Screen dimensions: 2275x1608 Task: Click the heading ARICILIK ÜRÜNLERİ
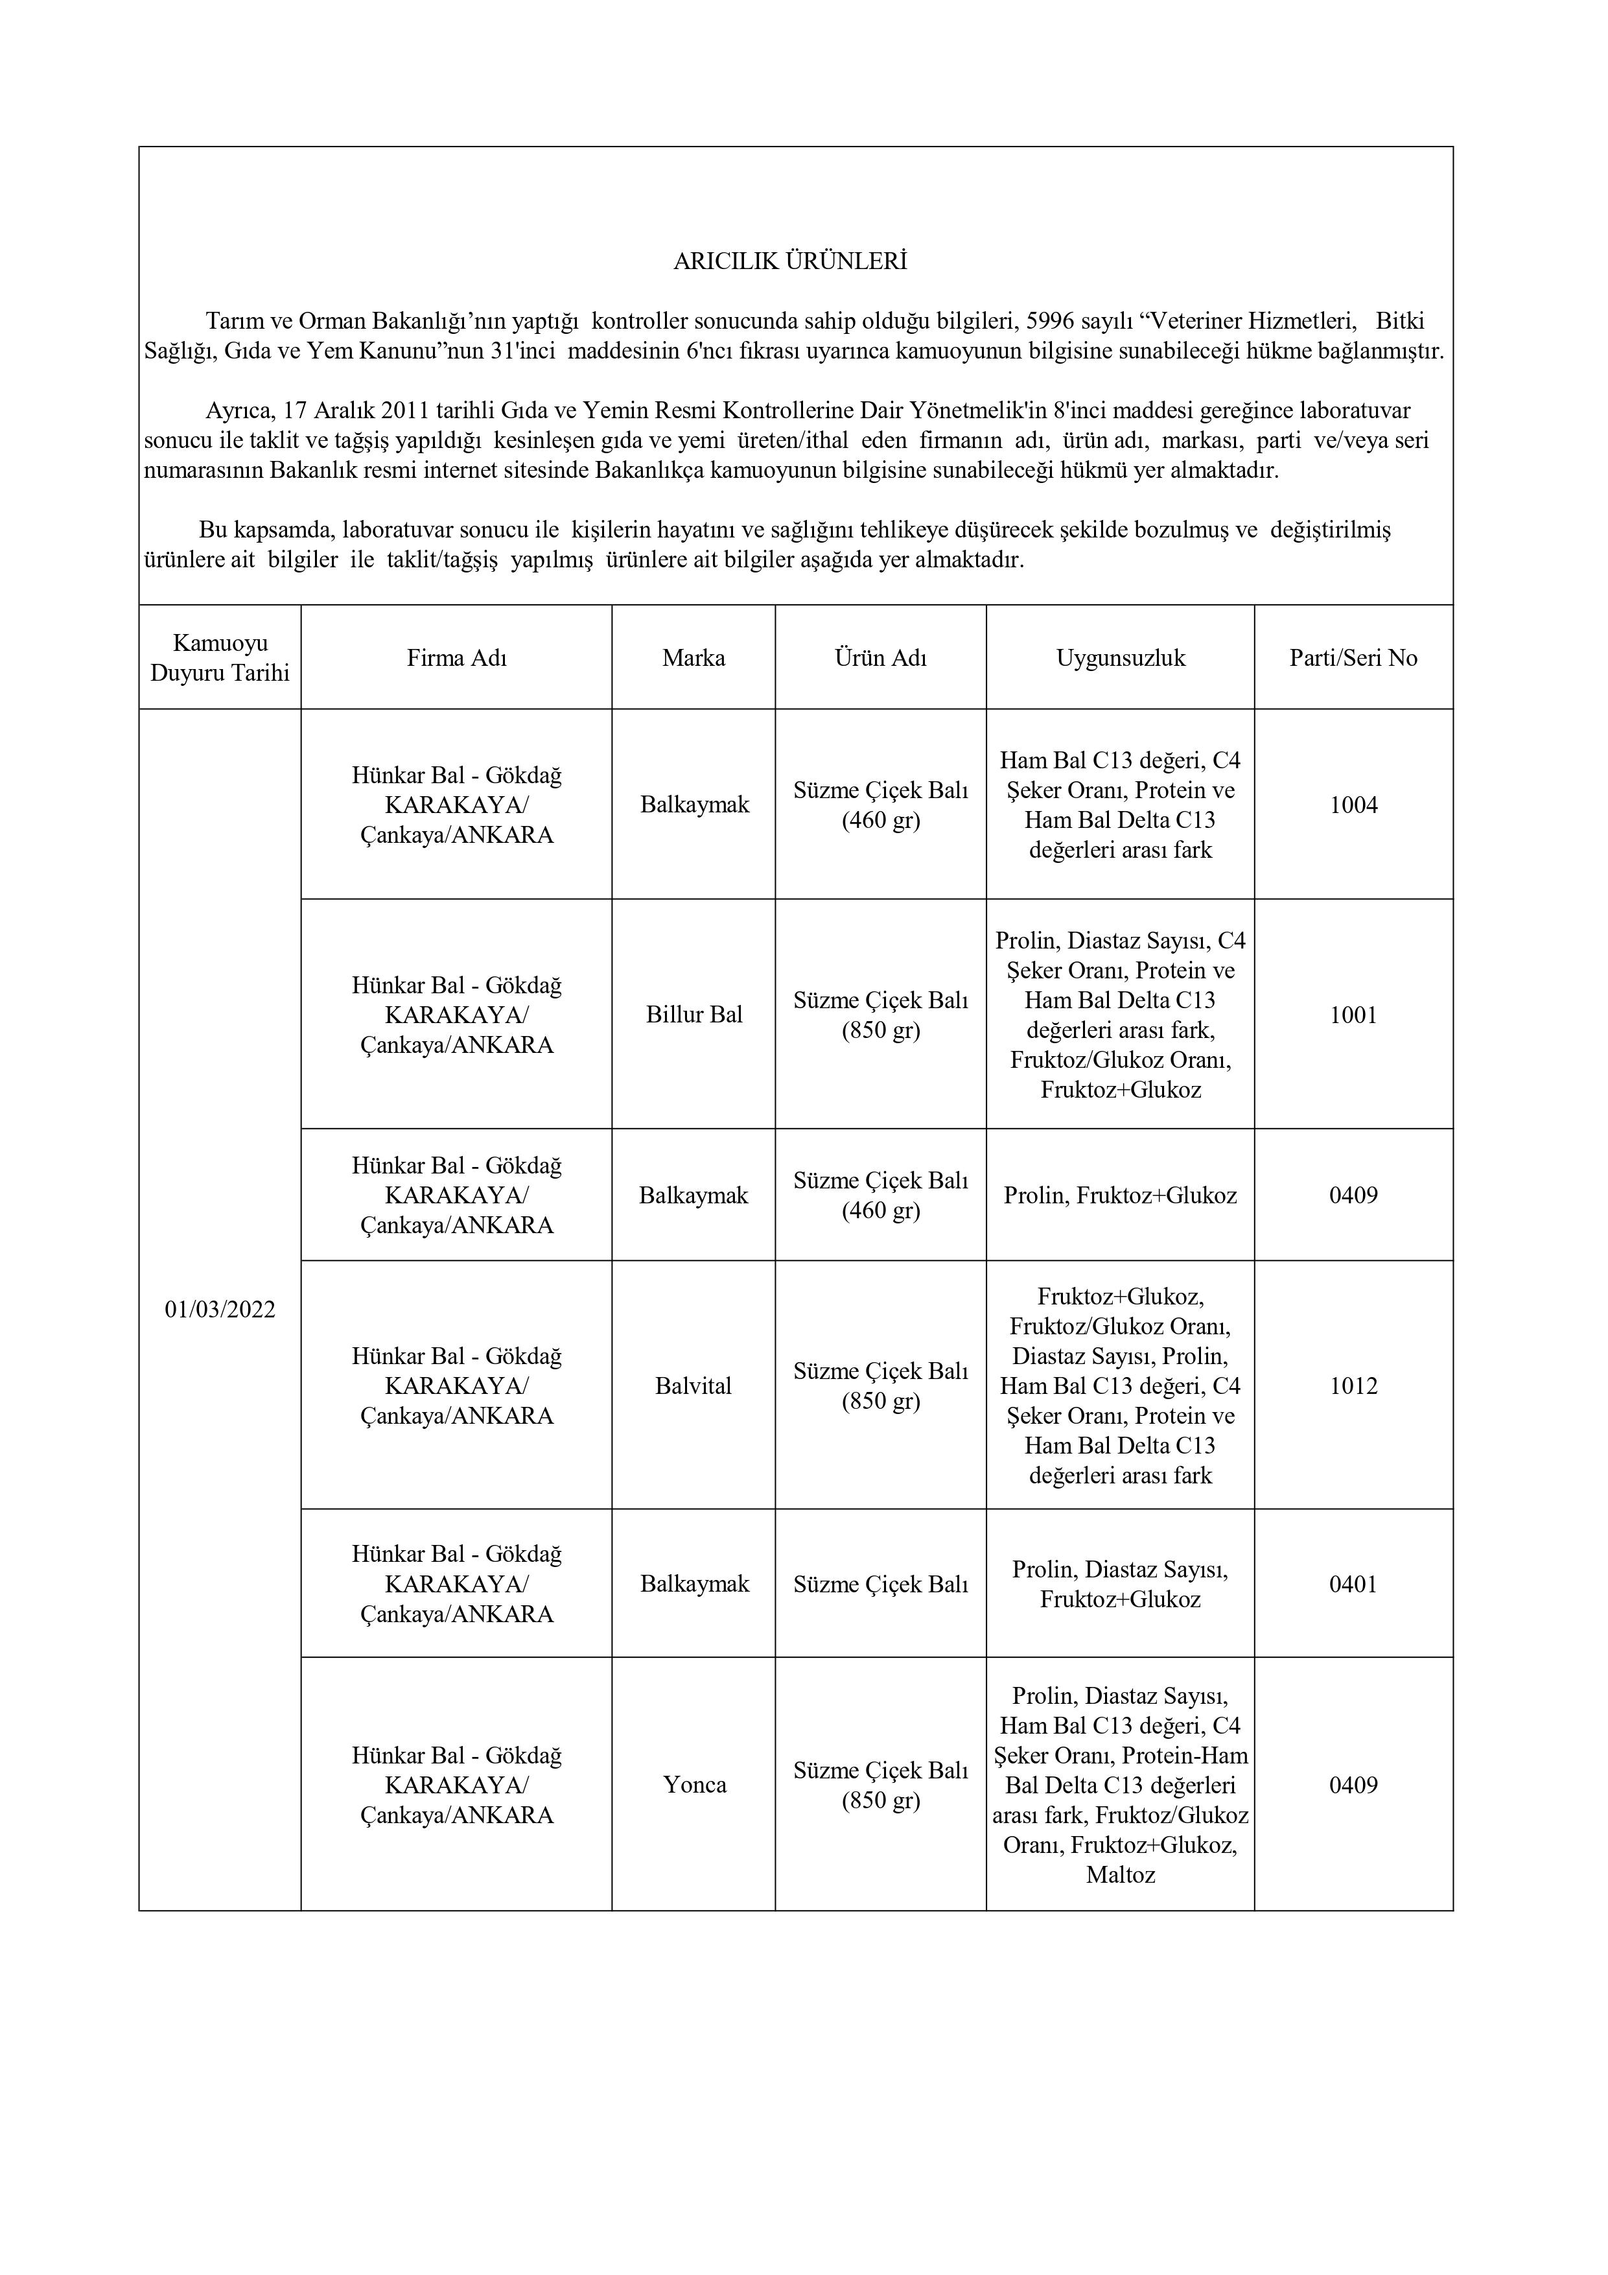tap(789, 261)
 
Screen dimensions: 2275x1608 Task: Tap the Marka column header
tap(693, 658)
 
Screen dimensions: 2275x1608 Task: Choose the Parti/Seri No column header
tap(1353, 658)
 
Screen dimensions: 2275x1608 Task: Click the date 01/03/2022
tap(220, 1310)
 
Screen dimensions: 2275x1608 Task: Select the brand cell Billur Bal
tap(693, 1015)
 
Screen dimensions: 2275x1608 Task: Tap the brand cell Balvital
tap(693, 1386)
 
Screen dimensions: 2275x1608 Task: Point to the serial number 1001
tap(1353, 1015)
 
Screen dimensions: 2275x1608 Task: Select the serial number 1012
tap(1353, 1386)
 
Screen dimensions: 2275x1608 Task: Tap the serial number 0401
tap(1353, 1585)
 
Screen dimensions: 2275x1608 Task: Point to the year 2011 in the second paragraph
tap(404, 410)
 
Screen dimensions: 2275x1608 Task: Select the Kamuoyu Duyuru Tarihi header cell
tap(220, 658)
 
